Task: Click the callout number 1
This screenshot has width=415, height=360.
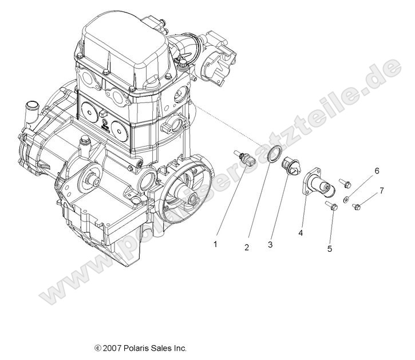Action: [x=215, y=244]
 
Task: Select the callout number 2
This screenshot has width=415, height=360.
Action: [x=247, y=247]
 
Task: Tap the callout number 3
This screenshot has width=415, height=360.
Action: [x=269, y=244]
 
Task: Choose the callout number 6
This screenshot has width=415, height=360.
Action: [x=377, y=171]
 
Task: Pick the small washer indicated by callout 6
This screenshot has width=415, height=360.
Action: [x=347, y=199]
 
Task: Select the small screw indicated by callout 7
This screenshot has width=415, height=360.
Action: [x=356, y=207]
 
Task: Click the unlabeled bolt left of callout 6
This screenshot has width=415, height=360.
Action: [x=345, y=183]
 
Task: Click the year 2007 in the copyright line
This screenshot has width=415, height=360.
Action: [x=112, y=347]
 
